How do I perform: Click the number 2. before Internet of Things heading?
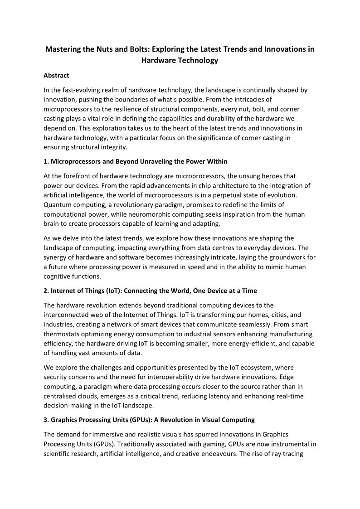46,290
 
